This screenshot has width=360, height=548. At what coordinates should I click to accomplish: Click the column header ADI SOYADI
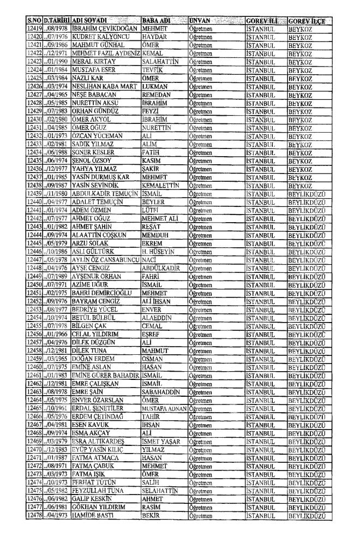(92, 20)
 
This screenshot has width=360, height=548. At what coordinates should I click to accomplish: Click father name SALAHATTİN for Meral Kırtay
(159, 64)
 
